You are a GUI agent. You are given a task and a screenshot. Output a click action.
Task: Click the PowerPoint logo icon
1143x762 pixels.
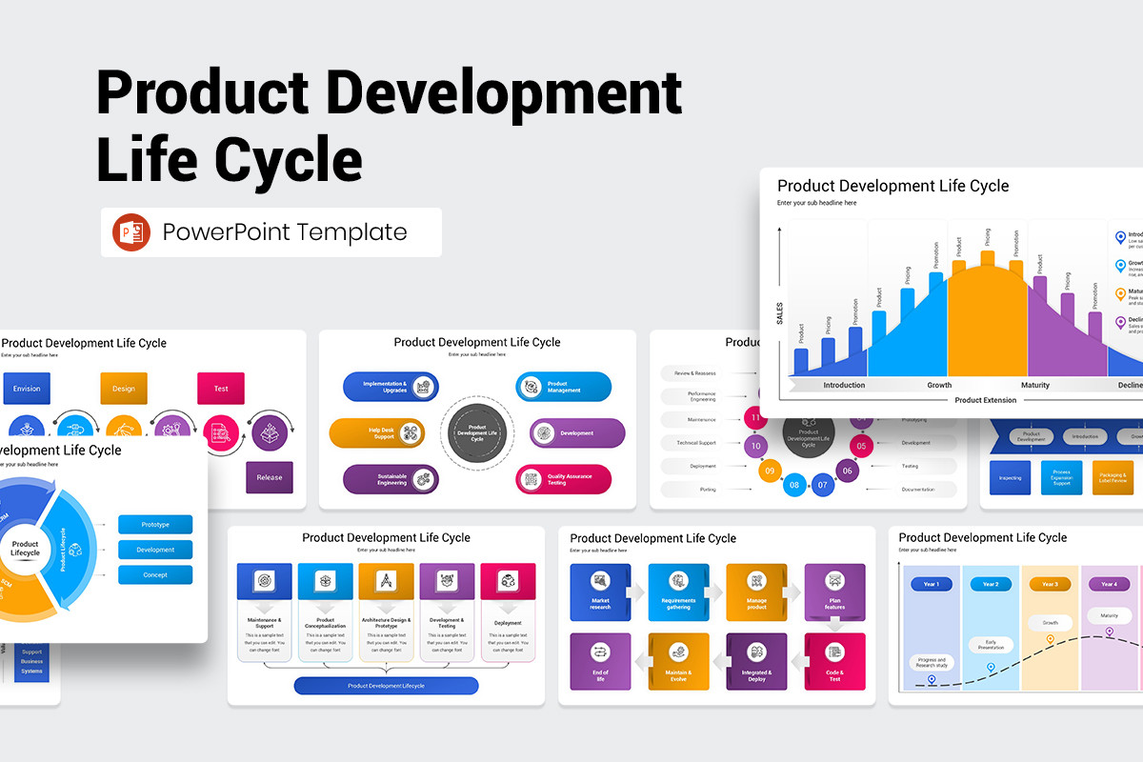click(x=131, y=232)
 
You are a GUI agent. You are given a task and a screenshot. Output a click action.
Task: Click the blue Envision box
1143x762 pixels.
click(x=27, y=389)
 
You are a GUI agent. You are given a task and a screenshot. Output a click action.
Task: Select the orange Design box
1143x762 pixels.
click(x=124, y=389)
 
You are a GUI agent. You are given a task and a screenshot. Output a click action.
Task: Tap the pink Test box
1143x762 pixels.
click(x=221, y=389)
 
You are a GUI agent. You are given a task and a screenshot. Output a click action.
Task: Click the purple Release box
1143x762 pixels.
click(x=270, y=477)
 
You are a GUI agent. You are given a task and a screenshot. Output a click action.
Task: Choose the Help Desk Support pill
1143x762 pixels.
click(x=377, y=433)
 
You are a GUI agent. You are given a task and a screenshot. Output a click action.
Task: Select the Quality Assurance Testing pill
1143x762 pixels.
click(x=564, y=479)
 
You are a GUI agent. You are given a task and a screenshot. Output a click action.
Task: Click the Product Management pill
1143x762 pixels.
click(x=564, y=387)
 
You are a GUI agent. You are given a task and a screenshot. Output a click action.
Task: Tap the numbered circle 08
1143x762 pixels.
click(x=794, y=486)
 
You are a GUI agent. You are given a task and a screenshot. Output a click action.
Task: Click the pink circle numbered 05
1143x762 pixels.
click(x=861, y=445)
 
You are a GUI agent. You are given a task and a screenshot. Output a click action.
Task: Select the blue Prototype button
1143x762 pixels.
click(x=155, y=525)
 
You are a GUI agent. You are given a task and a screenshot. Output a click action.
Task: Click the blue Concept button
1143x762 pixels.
click(x=155, y=574)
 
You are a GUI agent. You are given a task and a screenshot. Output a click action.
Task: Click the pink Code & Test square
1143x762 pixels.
click(x=834, y=661)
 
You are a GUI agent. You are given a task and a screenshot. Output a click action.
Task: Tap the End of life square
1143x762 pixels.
click(x=600, y=661)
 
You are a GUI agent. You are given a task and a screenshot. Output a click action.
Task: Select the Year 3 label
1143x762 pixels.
click(x=1050, y=584)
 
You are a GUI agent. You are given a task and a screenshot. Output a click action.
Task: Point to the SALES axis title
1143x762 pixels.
click(x=779, y=313)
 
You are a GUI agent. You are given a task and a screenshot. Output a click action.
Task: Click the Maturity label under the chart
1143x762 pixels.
click(x=1034, y=385)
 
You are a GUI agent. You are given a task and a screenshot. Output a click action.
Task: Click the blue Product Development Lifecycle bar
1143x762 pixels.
click(x=386, y=686)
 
